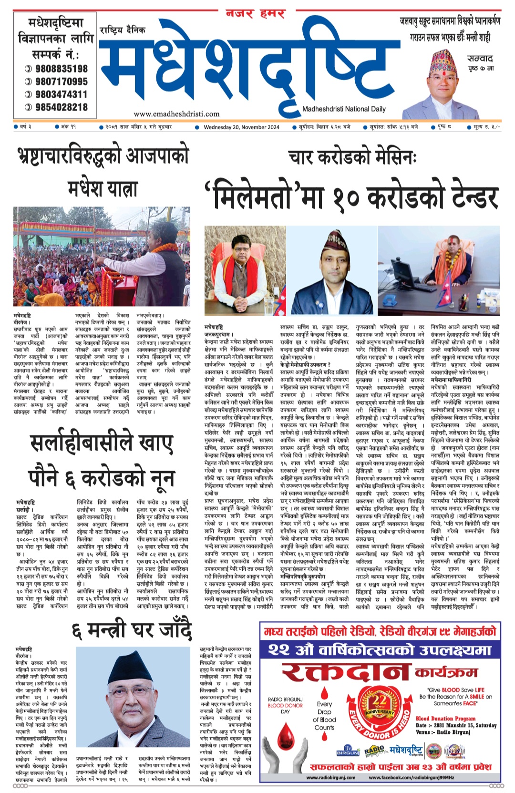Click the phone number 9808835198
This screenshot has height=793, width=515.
click(61, 69)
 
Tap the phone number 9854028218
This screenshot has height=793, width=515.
click(61, 107)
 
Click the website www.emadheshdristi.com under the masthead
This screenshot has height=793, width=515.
click(176, 114)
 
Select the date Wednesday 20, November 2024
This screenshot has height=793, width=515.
click(241, 127)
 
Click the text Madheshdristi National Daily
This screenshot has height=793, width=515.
click(344, 109)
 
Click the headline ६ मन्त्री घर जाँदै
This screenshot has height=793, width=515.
click(132, 630)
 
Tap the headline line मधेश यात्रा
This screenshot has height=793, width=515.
click(102, 188)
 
